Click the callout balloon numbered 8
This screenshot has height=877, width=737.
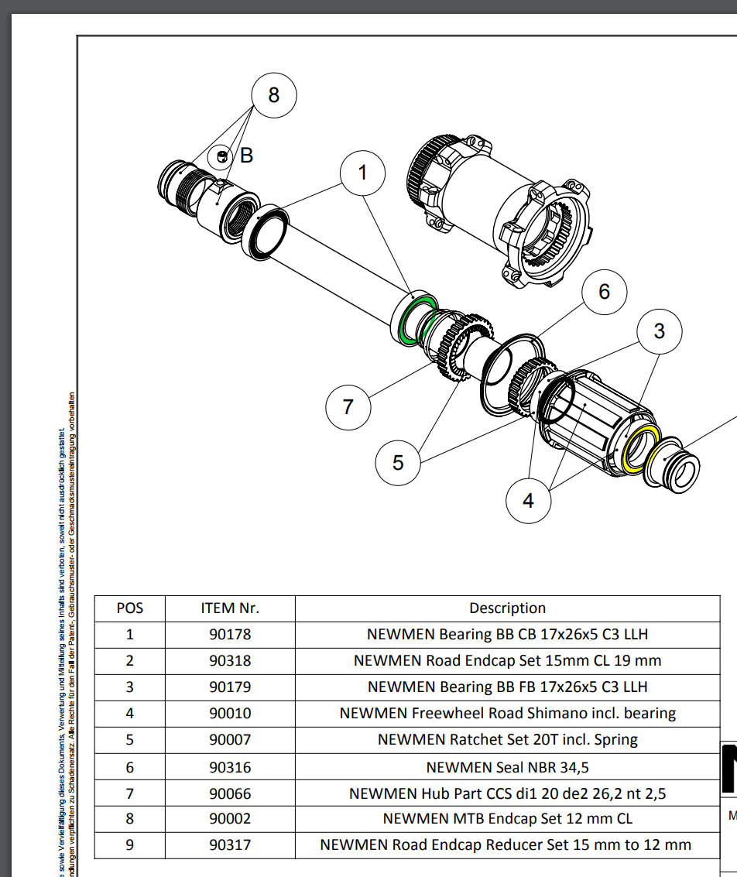click(x=273, y=95)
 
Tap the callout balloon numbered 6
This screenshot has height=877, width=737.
click(x=604, y=291)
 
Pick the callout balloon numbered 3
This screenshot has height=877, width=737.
click(x=659, y=331)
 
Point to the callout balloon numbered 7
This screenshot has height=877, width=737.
click(x=348, y=406)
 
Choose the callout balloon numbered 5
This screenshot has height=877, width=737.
click(x=398, y=463)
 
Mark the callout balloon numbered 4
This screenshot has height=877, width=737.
click(x=528, y=501)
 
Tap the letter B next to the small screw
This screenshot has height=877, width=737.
click(x=246, y=156)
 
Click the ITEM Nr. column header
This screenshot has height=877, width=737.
click(x=230, y=608)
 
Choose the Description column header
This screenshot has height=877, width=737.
click(x=507, y=608)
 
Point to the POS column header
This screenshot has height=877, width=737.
click(x=130, y=608)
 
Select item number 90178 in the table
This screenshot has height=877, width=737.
click(x=230, y=635)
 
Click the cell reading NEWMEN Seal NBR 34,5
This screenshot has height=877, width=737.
click(x=507, y=766)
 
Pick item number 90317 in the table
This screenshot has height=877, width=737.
click(x=230, y=845)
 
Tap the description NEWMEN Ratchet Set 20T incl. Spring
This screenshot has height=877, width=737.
click(x=507, y=739)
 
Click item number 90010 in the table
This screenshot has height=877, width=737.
click(x=230, y=713)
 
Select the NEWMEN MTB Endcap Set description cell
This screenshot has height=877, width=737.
click(x=507, y=818)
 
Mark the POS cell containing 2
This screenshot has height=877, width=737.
click(x=130, y=661)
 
